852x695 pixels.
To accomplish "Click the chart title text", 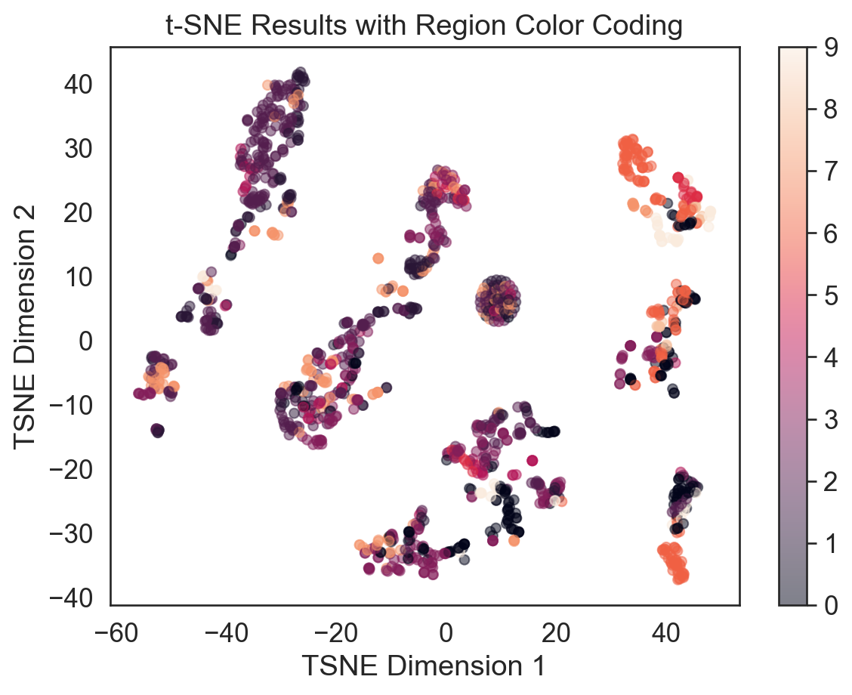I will pos(424,26).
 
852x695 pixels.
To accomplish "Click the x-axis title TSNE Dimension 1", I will pos(424,666).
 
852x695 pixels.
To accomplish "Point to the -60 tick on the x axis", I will pos(112,629).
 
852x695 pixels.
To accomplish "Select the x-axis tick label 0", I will pos(446,629).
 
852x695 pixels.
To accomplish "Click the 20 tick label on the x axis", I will pos(557,629).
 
